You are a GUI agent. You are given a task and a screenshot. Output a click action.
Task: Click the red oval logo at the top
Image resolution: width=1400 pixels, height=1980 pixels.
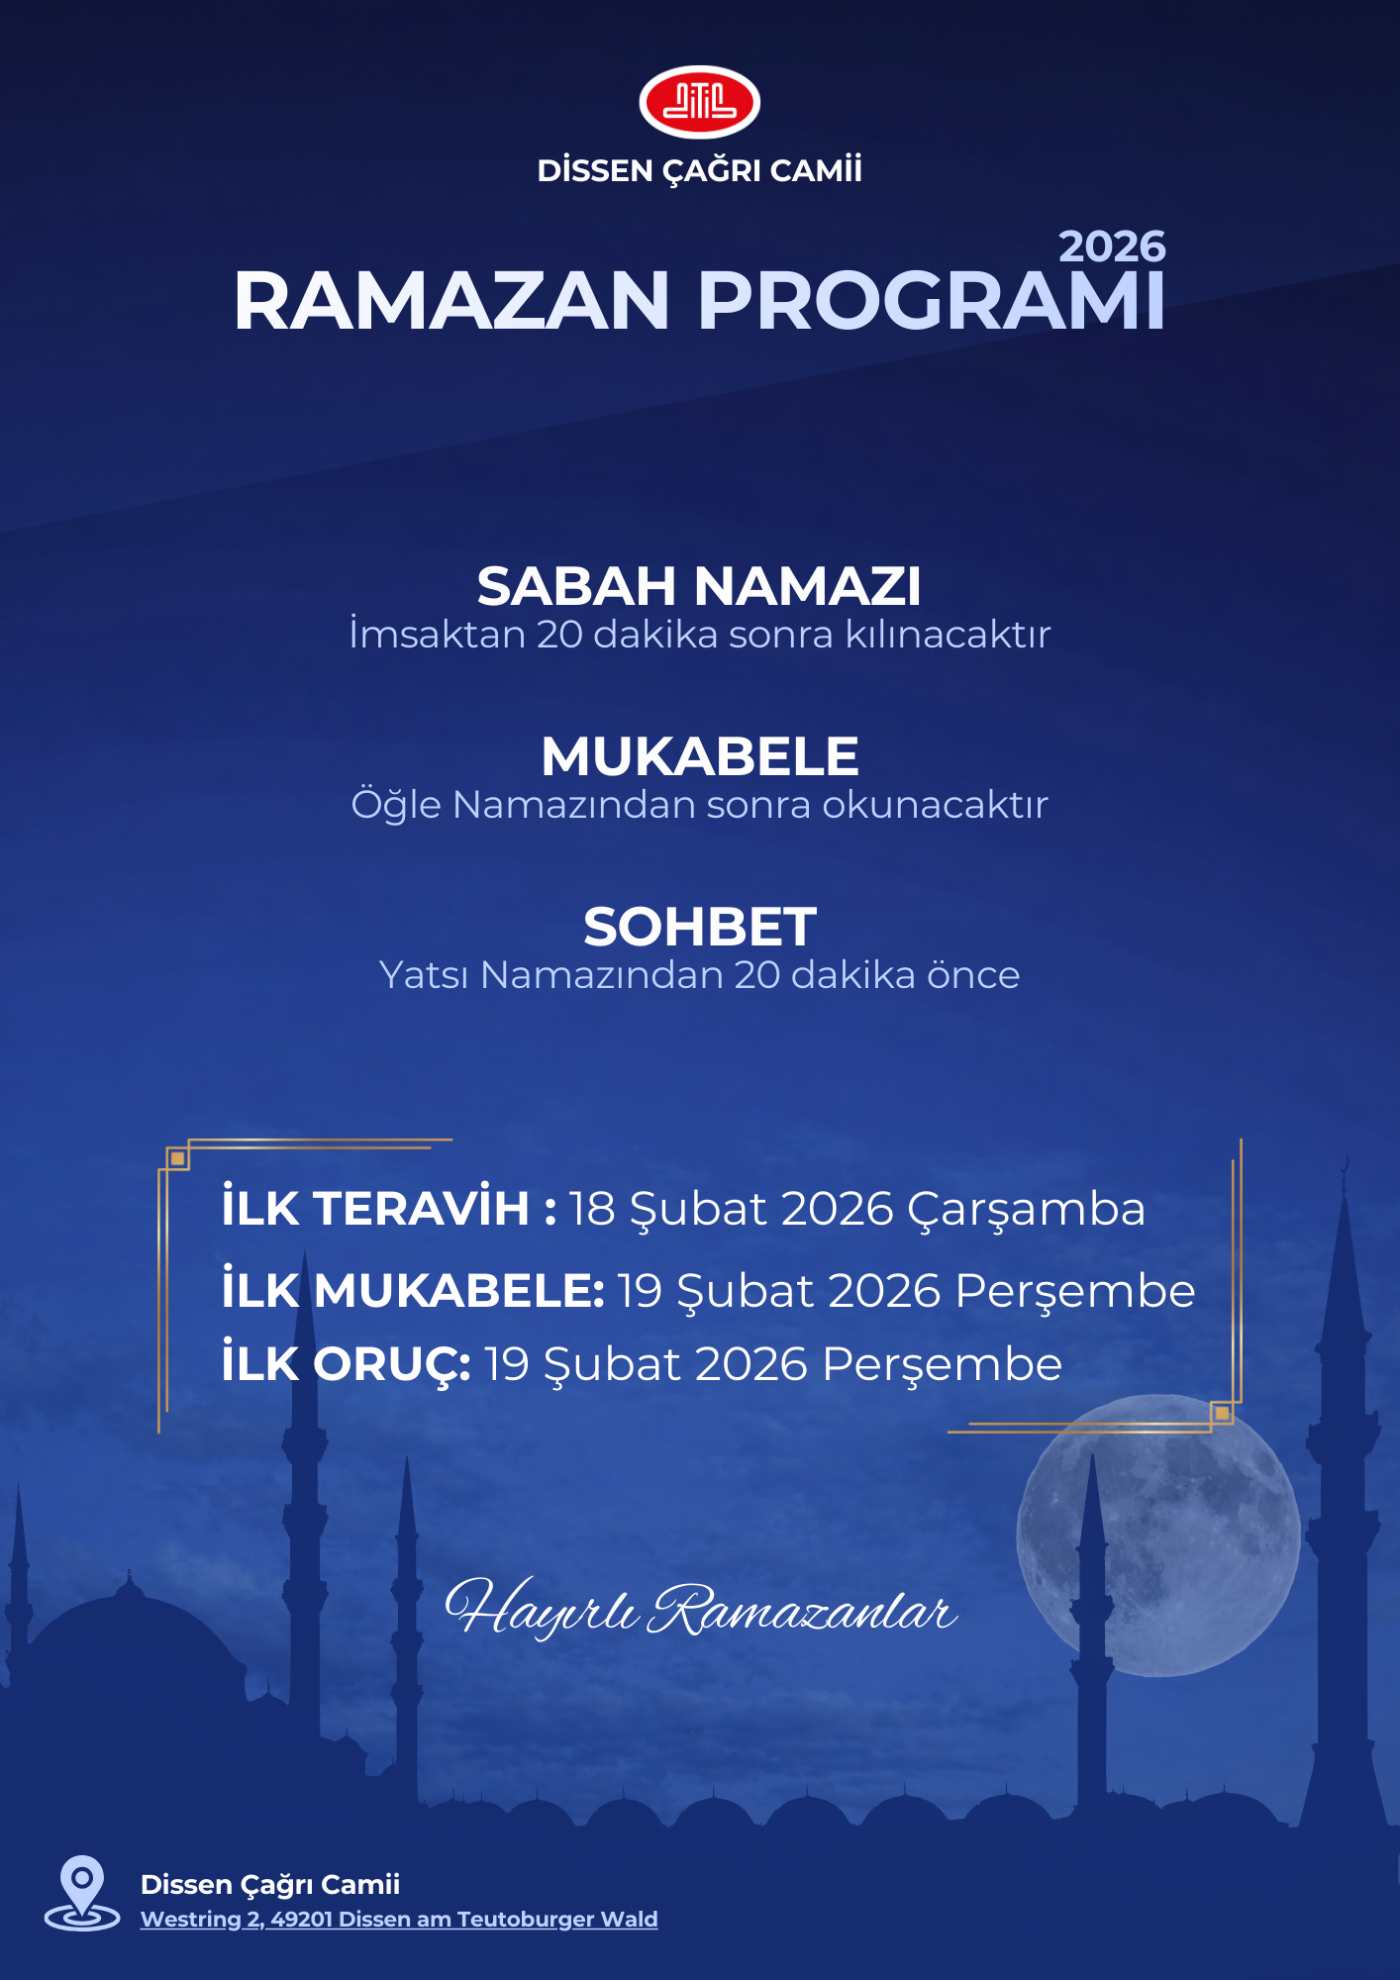point(699,102)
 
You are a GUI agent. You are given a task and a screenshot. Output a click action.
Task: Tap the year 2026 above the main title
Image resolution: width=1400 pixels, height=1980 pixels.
point(1112,247)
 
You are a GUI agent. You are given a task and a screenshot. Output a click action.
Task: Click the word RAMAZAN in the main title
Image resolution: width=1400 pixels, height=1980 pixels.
point(452,301)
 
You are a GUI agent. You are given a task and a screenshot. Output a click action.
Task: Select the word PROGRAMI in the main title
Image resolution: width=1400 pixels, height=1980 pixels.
point(932,301)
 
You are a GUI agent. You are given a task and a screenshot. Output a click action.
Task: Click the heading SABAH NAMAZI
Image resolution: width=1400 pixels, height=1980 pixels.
point(699,586)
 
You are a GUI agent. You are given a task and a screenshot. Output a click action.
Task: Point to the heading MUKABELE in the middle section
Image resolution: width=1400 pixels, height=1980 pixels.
point(699,757)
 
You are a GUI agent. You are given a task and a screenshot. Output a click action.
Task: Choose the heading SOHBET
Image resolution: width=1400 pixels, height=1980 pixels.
point(699,928)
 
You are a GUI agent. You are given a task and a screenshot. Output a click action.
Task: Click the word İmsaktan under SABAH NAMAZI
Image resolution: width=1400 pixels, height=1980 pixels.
point(437,635)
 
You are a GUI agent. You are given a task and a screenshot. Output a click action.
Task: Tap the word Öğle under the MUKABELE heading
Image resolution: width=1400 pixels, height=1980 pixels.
point(396,805)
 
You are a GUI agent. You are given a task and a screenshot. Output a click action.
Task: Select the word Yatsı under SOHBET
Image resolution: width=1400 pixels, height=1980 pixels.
point(424,975)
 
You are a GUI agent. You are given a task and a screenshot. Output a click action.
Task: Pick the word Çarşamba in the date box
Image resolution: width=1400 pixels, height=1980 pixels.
point(1026,1210)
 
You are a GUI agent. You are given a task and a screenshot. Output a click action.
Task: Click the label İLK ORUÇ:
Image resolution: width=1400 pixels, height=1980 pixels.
point(346,1364)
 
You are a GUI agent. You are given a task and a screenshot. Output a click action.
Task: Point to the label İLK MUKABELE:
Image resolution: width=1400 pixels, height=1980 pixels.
point(413,1291)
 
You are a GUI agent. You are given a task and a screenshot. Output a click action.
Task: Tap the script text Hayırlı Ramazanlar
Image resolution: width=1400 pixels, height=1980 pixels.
point(699,1609)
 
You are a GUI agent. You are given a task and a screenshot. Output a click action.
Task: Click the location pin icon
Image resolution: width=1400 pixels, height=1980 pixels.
point(82,1891)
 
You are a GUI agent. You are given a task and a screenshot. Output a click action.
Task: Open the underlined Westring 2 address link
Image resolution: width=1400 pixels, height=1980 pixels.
point(399,1920)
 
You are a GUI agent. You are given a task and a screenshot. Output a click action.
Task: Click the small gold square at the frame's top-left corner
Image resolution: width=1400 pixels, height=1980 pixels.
point(177,1158)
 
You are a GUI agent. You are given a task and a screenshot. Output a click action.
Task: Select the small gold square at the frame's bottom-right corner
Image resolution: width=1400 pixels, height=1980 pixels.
point(1222,1413)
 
